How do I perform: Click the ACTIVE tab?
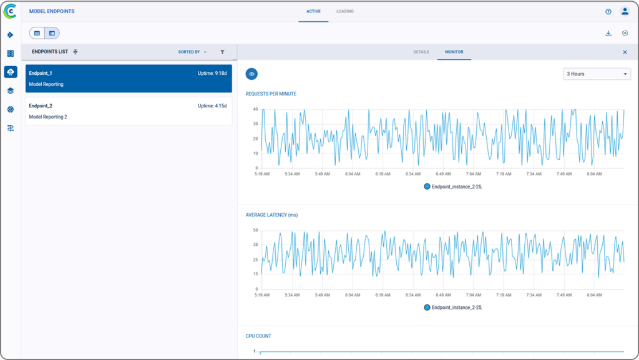point(313,11)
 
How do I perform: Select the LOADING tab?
point(344,11)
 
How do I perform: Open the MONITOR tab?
point(454,52)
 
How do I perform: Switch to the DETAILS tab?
point(421,52)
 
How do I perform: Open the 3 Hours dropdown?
point(597,74)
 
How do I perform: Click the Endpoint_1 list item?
point(128,79)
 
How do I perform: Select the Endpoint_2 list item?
point(128,111)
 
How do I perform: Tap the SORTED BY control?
point(192,52)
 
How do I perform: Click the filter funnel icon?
point(222,52)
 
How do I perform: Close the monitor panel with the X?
point(625,52)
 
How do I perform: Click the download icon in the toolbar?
point(608,33)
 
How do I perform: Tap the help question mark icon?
point(608,11)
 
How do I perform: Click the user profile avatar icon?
point(625,11)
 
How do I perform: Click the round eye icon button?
point(251,74)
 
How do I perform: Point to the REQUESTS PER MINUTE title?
point(271,94)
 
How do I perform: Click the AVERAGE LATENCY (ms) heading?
point(271,215)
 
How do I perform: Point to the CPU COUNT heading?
point(258,336)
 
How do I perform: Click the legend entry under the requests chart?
point(452,187)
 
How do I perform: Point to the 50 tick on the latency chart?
point(255,230)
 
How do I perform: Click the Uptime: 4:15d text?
point(212,106)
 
